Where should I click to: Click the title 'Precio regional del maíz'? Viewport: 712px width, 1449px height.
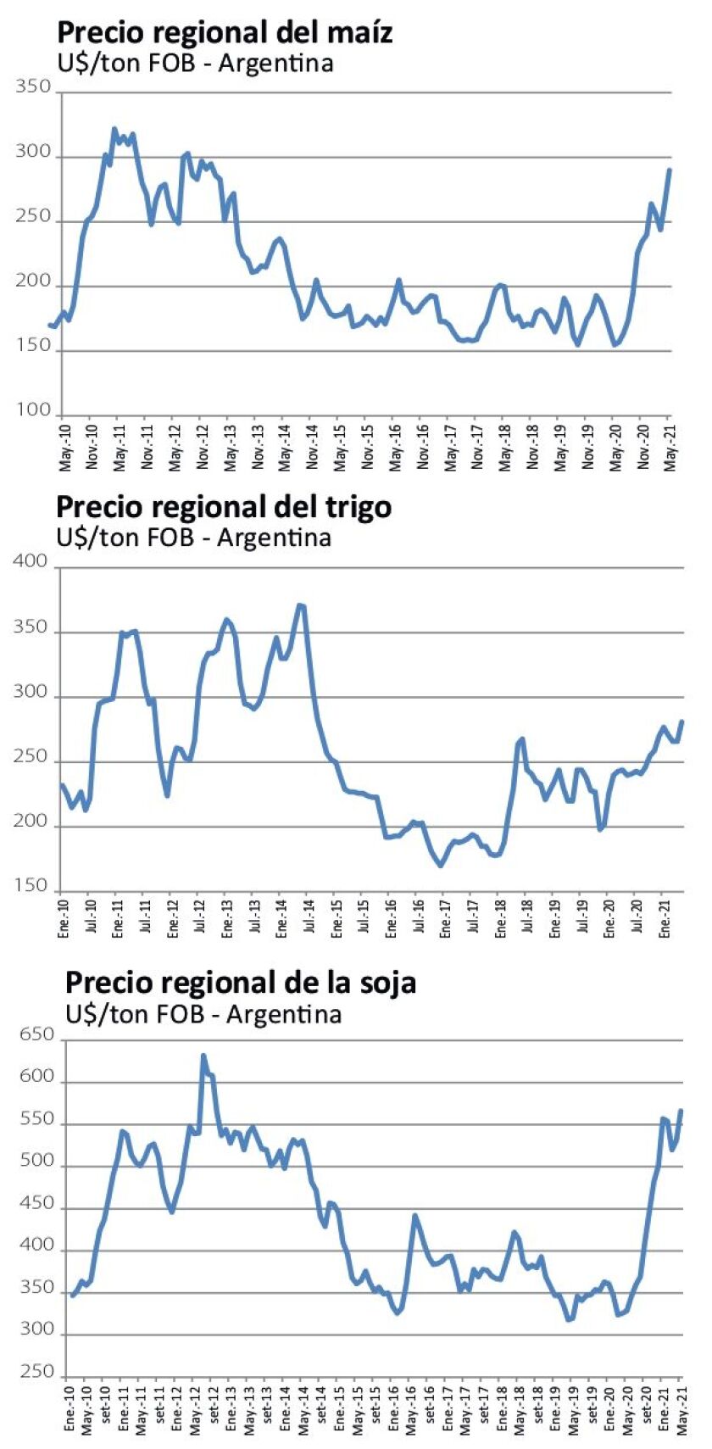tap(225, 32)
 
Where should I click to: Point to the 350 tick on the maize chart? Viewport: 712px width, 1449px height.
tap(34, 87)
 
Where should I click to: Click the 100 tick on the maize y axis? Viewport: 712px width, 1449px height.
tap(34, 410)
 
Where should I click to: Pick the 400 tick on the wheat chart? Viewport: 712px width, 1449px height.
tap(31, 562)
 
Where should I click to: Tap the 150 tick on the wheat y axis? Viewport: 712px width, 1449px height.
tap(31, 886)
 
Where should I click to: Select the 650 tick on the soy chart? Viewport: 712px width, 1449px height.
tap(36, 1034)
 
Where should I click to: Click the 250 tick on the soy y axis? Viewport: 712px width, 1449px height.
tap(36, 1371)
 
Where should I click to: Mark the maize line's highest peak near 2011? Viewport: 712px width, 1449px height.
tap(114, 129)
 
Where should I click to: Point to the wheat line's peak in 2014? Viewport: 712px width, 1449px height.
tap(300, 605)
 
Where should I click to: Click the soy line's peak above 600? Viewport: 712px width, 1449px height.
tap(203, 1056)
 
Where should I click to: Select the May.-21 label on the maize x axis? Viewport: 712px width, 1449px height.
tap(670, 446)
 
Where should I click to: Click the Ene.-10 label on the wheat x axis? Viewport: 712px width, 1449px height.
tap(63, 916)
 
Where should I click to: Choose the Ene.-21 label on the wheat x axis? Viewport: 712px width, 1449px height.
tap(665, 916)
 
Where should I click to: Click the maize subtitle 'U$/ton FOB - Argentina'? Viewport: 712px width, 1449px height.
tap(195, 64)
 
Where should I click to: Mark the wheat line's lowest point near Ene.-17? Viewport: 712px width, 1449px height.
tap(440, 865)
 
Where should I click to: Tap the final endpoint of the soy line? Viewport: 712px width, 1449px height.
tap(681, 1111)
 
